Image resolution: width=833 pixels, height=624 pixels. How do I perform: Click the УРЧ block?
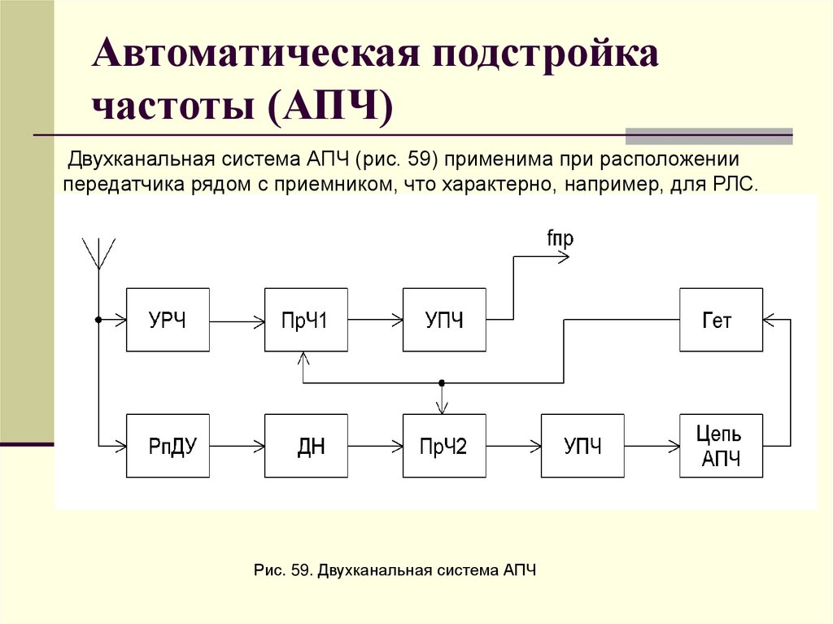168,320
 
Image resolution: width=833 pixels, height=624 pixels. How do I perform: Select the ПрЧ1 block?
306,320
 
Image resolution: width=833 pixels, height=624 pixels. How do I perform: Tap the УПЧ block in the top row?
444,320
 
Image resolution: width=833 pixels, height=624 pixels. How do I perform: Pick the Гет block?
721,320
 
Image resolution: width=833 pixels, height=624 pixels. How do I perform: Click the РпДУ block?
168,446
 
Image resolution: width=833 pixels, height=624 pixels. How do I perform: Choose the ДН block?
306,446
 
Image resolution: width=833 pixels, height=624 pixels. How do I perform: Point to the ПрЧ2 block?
444,446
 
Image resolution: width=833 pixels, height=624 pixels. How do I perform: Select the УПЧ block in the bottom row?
582,446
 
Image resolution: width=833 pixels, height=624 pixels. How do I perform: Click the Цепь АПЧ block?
721,446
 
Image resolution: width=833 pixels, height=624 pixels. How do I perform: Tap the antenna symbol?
98,253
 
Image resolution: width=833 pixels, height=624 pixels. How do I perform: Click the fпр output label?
560,238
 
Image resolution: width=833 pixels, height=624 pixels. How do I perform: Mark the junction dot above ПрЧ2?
442,382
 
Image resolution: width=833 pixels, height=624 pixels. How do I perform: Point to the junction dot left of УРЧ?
98,320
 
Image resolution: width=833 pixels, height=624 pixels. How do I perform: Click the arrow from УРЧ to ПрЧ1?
237,320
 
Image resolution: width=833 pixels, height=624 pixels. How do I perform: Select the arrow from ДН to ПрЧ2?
375,446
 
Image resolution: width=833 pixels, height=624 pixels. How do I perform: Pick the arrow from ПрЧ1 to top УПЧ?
375,320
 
